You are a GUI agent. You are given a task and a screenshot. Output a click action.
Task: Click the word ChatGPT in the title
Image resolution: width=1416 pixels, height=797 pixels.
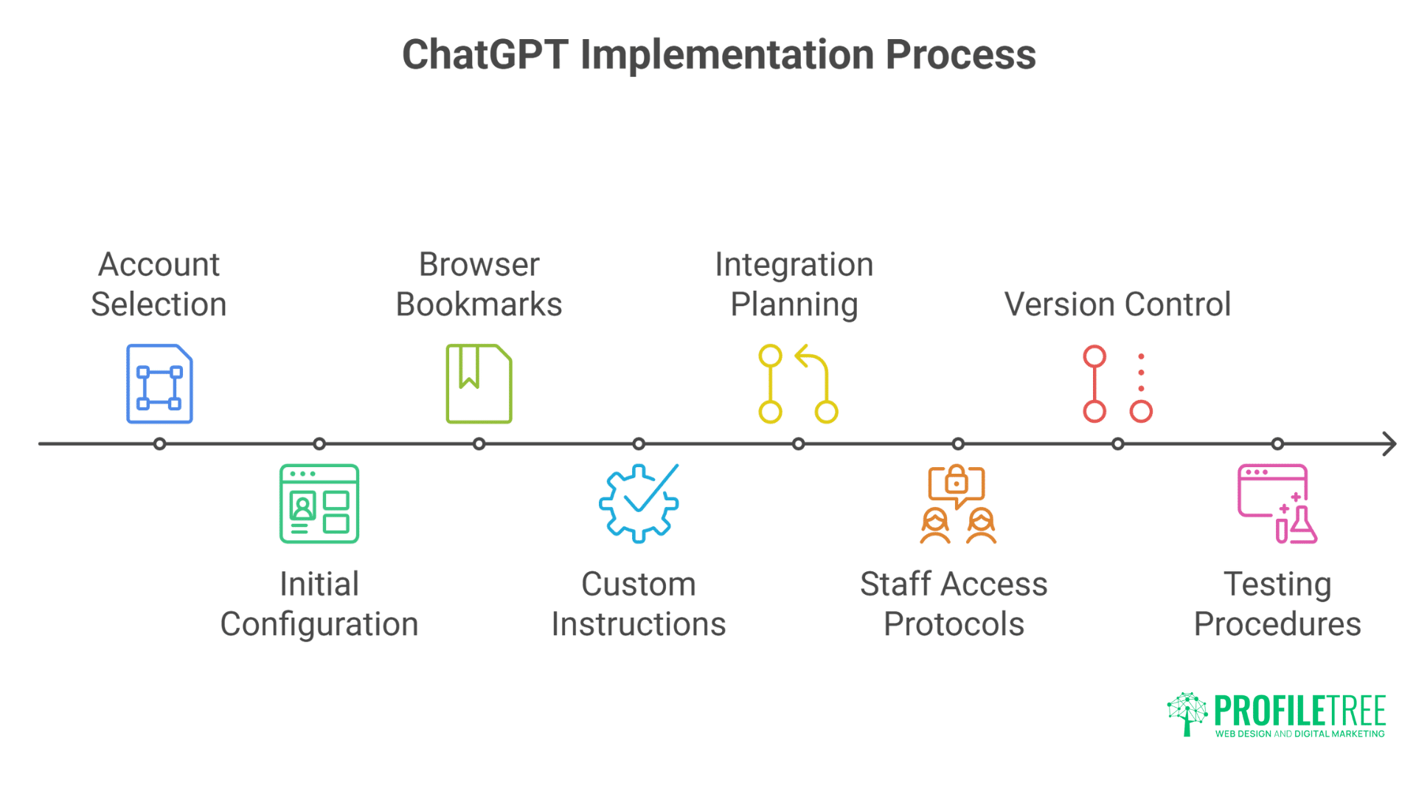point(485,55)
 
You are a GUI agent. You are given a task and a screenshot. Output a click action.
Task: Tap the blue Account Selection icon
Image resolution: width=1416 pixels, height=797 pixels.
point(159,384)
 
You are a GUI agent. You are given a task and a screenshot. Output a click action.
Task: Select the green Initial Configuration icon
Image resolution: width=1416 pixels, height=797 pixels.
point(319,504)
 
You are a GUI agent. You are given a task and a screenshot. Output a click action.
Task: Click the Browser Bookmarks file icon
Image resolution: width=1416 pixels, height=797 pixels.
point(479,384)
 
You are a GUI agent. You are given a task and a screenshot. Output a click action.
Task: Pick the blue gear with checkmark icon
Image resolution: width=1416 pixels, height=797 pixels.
point(639,504)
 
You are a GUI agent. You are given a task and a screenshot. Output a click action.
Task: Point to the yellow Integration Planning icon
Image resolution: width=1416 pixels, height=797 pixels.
point(798,384)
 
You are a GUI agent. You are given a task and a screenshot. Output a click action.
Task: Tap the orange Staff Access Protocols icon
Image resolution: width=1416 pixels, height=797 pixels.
point(957,504)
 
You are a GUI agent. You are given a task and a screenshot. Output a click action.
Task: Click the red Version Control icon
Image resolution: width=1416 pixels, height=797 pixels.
point(1117,384)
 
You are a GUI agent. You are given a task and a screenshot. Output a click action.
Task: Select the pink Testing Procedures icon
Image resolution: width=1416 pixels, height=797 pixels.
point(1277,504)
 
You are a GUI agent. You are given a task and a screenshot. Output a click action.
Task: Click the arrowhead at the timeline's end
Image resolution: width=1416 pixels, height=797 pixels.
point(1389,444)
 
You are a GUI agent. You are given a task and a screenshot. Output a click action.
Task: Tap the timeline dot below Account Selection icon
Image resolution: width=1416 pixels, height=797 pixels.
point(159,444)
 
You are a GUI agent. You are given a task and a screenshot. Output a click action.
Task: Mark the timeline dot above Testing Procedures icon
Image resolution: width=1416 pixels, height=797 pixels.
point(1277,444)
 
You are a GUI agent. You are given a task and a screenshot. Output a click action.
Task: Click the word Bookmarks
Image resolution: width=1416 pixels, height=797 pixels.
point(479,305)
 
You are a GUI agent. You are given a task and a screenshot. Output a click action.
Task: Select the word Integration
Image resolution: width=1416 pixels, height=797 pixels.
point(794,265)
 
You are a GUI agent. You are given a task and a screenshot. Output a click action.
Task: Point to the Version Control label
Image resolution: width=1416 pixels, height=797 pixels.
point(1117,305)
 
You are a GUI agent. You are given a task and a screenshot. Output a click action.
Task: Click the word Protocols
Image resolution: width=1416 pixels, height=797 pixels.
point(954,624)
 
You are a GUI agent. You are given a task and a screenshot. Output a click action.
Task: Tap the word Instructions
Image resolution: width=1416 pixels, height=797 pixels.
point(639,624)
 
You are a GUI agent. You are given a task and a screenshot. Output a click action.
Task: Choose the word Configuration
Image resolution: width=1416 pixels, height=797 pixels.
point(319,624)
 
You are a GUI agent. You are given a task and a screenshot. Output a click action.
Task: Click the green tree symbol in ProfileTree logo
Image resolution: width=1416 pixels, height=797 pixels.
point(1187,713)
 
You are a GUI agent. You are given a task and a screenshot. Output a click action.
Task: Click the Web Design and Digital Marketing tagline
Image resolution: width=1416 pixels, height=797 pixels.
point(1299,734)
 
